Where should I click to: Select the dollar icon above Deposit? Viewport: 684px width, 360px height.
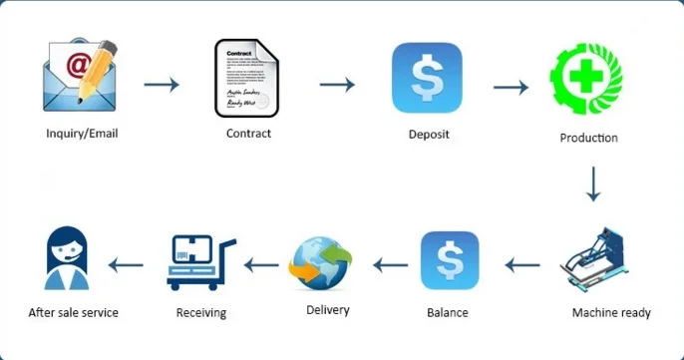point(427,78)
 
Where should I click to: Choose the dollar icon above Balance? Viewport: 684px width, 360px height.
point(450,261)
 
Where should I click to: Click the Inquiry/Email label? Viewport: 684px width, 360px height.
point(82,133)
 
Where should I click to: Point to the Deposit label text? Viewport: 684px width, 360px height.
point(428,135)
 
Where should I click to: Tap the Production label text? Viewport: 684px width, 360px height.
point(588,138)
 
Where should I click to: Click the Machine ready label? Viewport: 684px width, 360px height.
point(611,313)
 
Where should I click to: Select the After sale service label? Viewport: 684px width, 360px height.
point(74,313)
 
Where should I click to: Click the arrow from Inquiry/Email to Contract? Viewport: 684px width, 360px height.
point(162,84)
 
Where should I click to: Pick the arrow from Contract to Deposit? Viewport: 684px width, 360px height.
point(336,84)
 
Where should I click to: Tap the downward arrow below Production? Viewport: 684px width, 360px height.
point(593,183)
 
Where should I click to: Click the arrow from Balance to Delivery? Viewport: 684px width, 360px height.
point(391,265)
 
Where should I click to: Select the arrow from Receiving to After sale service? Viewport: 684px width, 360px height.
point(126,264)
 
